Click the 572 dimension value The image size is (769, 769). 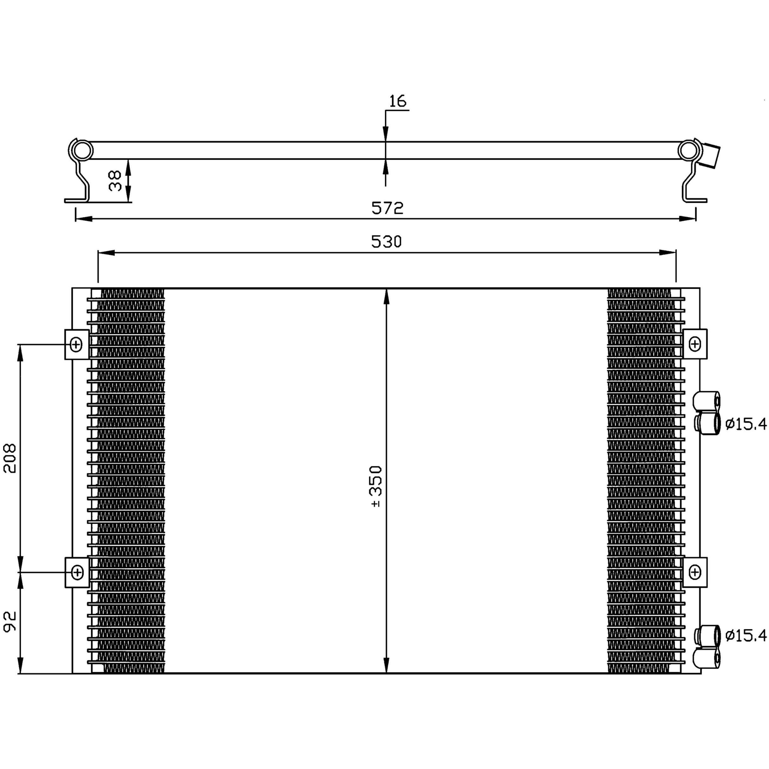387,208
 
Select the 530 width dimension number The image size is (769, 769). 387,242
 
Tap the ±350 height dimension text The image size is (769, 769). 376,486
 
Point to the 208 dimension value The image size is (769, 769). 10,458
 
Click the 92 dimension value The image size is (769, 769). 10,622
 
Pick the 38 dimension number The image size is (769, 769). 115,181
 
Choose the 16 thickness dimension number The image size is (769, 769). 397,101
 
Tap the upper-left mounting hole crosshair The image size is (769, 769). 76,344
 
